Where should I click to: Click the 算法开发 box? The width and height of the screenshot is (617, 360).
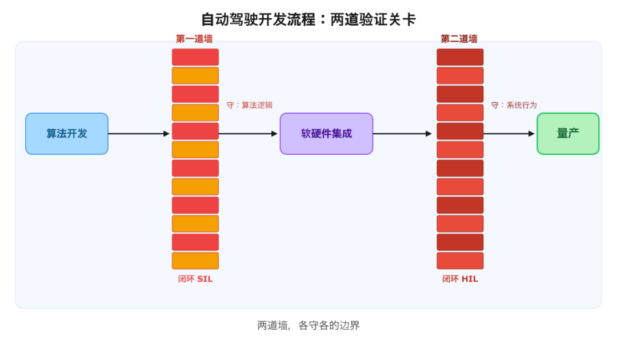(x=67, y=134)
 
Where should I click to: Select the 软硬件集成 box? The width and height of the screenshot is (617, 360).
(x=326, y=134)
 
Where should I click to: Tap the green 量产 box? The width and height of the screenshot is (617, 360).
(x=568, y=134)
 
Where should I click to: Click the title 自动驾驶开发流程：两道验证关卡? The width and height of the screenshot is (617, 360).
(x=308, y=19)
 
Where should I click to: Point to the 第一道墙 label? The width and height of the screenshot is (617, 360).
(x=194, y=38)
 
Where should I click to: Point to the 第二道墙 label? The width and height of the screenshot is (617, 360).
(x=459, y=38)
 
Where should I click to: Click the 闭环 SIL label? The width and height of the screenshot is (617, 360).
(x=195, y=279)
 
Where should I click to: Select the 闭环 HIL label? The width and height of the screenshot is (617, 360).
(x=460, y=279)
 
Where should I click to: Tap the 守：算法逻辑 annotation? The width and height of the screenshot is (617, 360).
(x=250, y=105)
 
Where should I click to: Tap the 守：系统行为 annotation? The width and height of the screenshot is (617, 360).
(x=514, y=105)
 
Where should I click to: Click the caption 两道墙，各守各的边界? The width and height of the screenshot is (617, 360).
(x=308, y=325)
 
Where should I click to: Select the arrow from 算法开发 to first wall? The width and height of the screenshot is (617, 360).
(x=139, y=134)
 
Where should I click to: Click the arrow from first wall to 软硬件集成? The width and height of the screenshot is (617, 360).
(x=249, y=134)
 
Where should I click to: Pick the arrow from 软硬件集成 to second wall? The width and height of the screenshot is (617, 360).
(x=403, y=134)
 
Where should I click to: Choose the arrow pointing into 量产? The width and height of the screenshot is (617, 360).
(x=509, y=134)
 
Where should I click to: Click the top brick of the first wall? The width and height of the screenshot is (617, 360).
(x=195, y=57)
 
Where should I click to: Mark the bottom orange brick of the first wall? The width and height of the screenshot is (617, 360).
(x=195, y=261)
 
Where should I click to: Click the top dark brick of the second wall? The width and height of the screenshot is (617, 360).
(x=460, y=57)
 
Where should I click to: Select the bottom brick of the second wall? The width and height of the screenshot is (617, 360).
(x=460, y=261)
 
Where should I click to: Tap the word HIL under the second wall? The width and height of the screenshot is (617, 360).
(x=470, y=279)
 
